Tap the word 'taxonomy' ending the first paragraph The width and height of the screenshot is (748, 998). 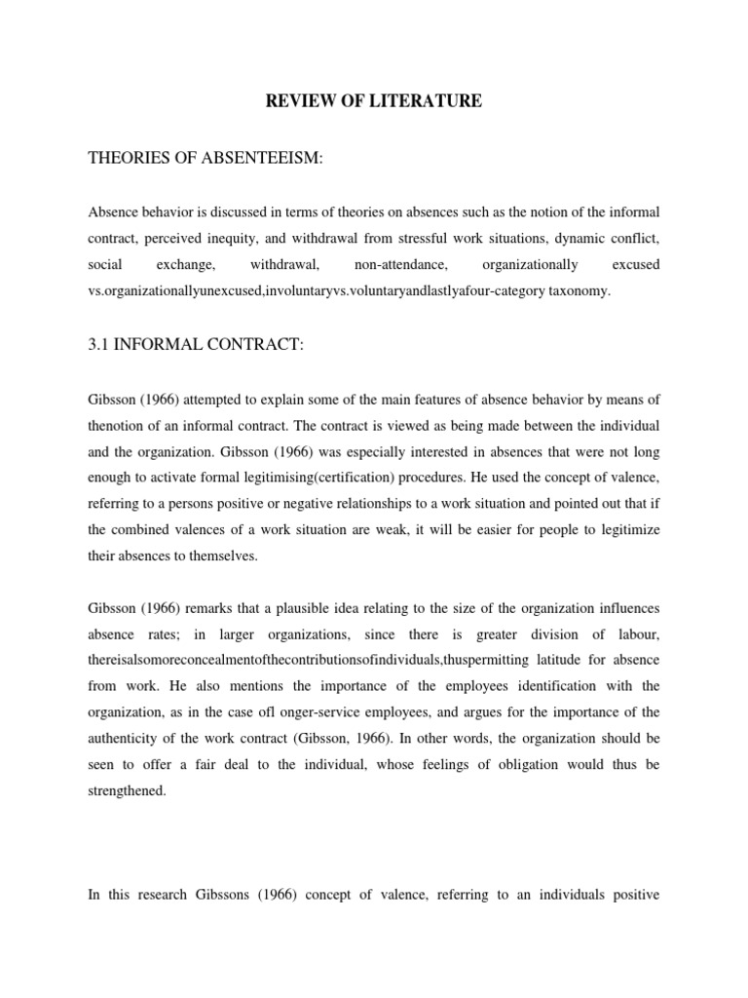pos(575,290)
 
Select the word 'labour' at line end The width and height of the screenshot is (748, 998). pos(634,633)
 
